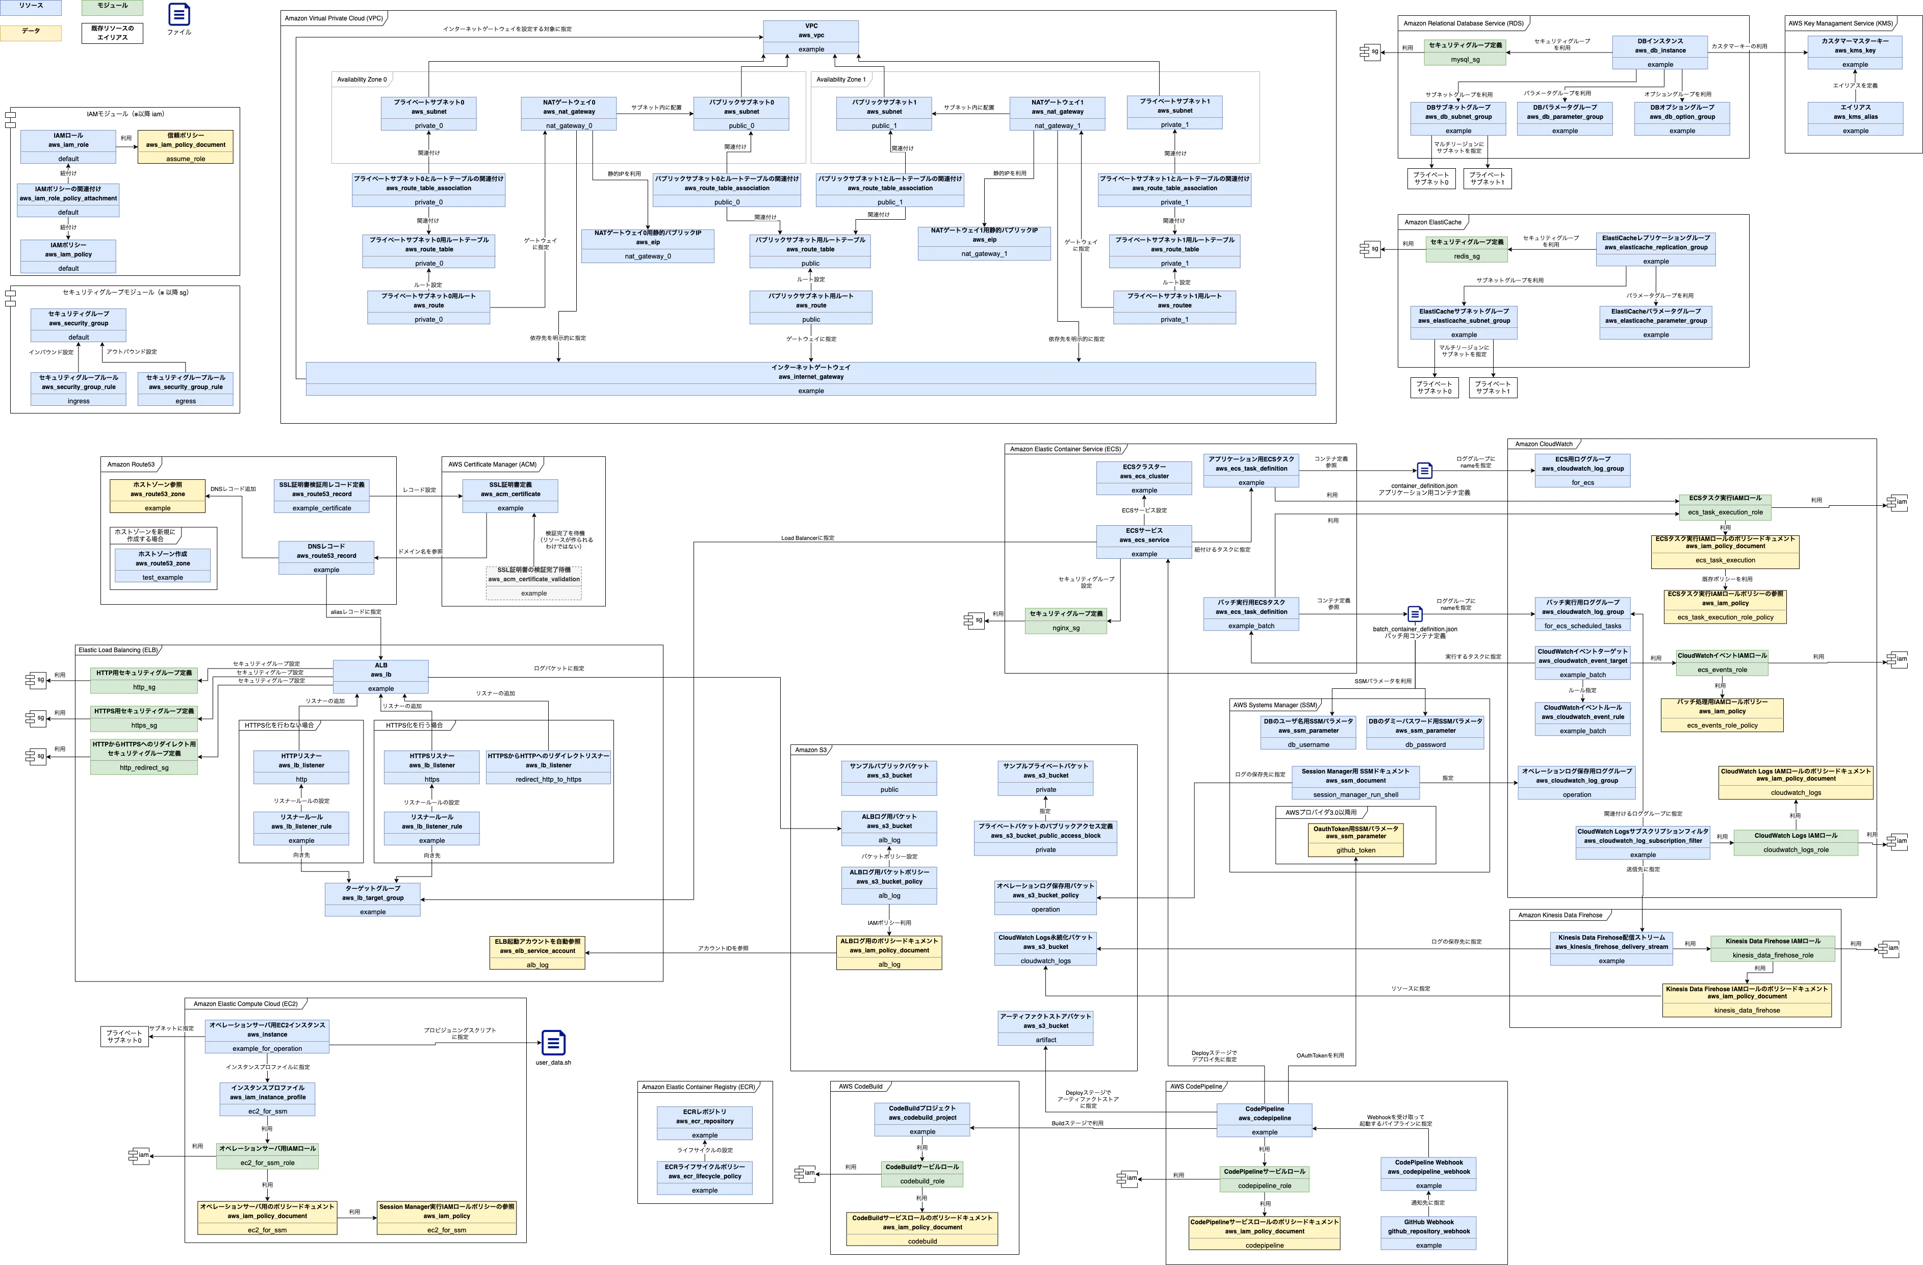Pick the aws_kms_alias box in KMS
coord(1855,118)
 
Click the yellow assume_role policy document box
coord(185,146)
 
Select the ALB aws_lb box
coord(380,676)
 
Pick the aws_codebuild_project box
coord(922,1119)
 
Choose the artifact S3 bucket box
coord(1045,1027)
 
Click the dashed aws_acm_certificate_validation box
coord(533,582)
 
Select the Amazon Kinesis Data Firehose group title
coord(1559,915)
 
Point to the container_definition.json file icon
coord(1424,470)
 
